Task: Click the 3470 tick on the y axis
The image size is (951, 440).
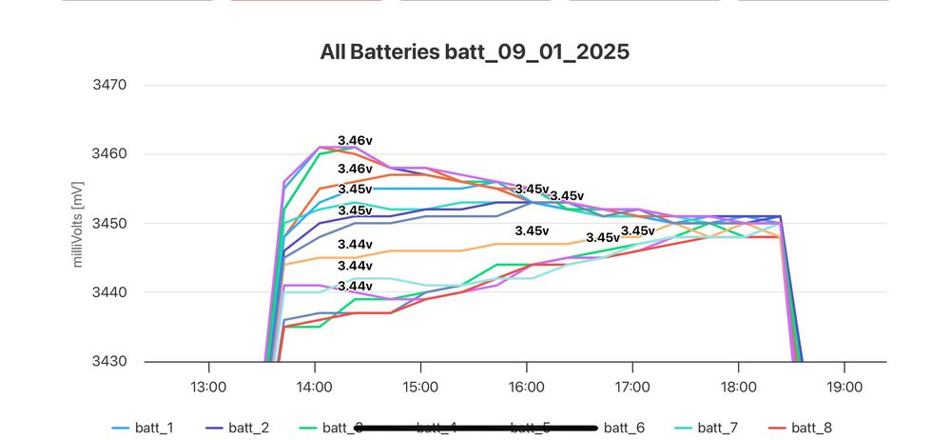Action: coord(109,85)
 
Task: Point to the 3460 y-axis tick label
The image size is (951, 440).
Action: coord(109,154)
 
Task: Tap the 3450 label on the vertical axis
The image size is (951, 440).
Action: coord(109,224)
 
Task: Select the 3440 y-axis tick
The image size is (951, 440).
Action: coord(109,292)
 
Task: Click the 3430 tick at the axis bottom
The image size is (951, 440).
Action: coord(109,362)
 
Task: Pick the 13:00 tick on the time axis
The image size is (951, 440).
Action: coord(208,388)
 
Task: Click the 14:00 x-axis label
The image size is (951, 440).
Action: coord(314,388)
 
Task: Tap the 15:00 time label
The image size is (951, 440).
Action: coord(420,388)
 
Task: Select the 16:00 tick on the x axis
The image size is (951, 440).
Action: coord(526,388)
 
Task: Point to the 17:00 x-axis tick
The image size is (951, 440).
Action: coord(632,388)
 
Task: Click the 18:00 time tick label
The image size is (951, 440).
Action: coord(738,388)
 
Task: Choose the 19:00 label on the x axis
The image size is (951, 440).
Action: coord(844,388)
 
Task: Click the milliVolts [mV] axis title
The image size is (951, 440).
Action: coord(81,223)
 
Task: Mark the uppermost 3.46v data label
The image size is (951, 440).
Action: coord(355,140)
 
